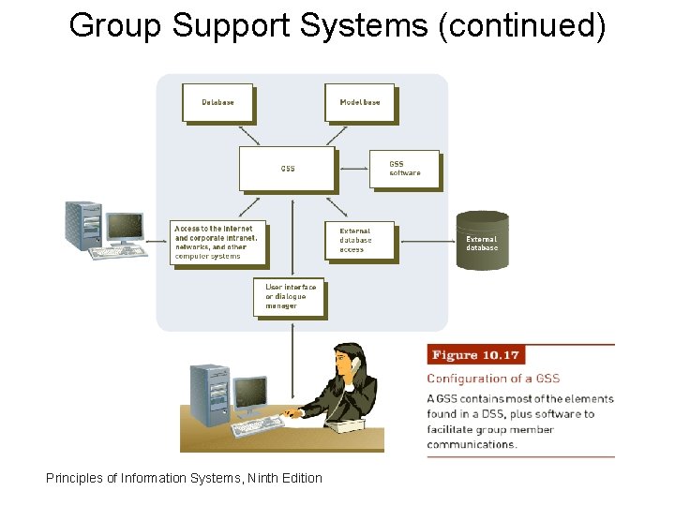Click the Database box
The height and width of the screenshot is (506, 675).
click(x=217, y=102)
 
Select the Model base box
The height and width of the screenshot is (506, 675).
click(x=359, y=102)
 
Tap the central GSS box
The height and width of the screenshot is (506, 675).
click(x=287, y=169)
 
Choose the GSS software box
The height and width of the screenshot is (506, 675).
click(x=404, y=169)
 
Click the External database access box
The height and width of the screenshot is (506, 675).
click(x=359, y=240)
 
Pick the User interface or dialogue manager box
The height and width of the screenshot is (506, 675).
click(x=290, y=296)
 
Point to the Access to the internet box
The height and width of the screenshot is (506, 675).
click(x=218, y=243)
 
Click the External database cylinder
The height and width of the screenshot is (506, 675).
click(x=482, y=243)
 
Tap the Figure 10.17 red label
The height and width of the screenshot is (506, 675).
click(x=474, y=355)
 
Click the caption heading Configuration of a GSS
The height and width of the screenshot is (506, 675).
click(x=493, y=379)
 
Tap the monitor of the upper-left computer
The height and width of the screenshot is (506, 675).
click(x=124, y=226)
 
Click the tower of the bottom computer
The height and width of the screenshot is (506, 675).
click(x=209, y=394)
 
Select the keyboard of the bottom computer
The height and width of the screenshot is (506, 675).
click(x=258, y=426)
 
